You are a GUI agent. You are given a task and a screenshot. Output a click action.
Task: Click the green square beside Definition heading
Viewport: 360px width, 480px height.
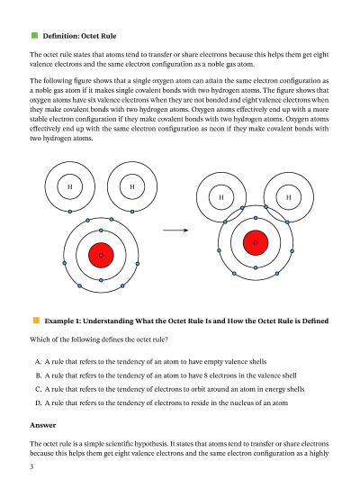click(x=34, y=35)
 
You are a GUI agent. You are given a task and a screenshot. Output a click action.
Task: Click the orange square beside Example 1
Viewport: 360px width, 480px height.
click(x=36, y=321)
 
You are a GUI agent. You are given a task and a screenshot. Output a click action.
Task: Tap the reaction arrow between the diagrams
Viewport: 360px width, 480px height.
click(x=175, y=231)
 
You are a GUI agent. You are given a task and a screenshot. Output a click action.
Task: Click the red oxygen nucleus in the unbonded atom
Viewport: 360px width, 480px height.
click(x=101, y=255)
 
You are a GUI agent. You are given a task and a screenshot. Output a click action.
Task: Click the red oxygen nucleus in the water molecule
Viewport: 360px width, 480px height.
click(x=256, y=243)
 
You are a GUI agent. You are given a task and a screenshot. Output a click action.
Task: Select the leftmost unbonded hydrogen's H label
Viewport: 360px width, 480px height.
click(x=69, y=186)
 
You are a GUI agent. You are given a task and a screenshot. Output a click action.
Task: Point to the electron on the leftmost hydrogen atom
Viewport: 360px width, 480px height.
click(x=70, y=212)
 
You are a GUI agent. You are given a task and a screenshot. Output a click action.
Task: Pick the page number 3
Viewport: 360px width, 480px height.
click(x=31, y=466)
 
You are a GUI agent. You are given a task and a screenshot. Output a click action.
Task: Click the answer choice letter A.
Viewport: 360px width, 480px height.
click(x=38, y=362)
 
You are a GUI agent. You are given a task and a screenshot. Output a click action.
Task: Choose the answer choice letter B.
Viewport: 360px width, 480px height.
click(x=38, y=376)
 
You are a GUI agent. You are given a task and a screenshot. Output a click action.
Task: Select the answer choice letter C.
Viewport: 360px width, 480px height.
click(x=38, y=389)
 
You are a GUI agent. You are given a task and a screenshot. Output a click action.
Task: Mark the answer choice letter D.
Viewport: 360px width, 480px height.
click(x=38, y=403)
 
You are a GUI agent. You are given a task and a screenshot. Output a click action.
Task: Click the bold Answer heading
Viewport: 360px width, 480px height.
click(x=43, y=425)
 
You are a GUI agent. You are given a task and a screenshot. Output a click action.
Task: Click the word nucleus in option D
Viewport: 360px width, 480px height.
click(x=236, y=403)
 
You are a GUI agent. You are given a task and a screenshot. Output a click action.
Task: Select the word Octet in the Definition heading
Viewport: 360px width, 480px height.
click(x=91, y=36)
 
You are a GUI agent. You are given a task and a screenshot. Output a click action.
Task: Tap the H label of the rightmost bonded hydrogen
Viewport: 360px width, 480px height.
click(x=288, y=197)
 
